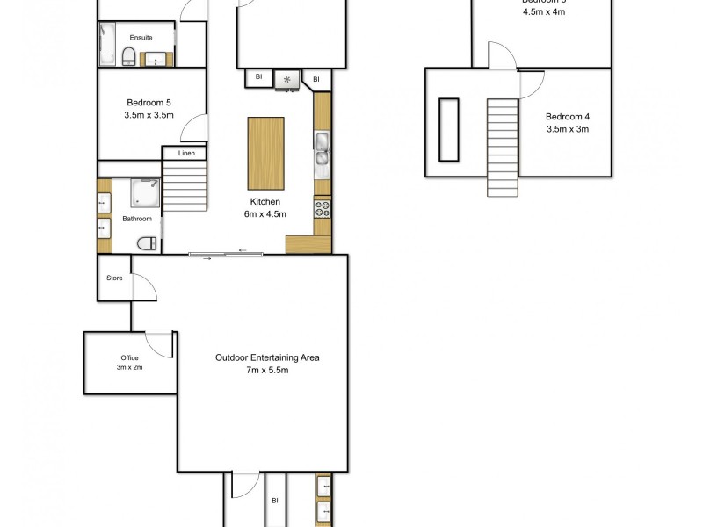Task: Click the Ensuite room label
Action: click(141, 38)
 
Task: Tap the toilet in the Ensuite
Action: click(129, 58)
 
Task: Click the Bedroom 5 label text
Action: click(149, 103)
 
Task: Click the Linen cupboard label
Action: click(185, 154)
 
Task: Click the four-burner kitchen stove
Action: click(323, 209)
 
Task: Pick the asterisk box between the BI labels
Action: click(287, 80)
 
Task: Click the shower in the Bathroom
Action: click(143, 191)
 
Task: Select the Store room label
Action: click(114, 278)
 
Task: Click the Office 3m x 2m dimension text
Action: click(130, 368)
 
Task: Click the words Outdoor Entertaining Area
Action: click(267, 357)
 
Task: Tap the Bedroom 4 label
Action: click(567, 117)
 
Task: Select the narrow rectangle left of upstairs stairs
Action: click(449, 130)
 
